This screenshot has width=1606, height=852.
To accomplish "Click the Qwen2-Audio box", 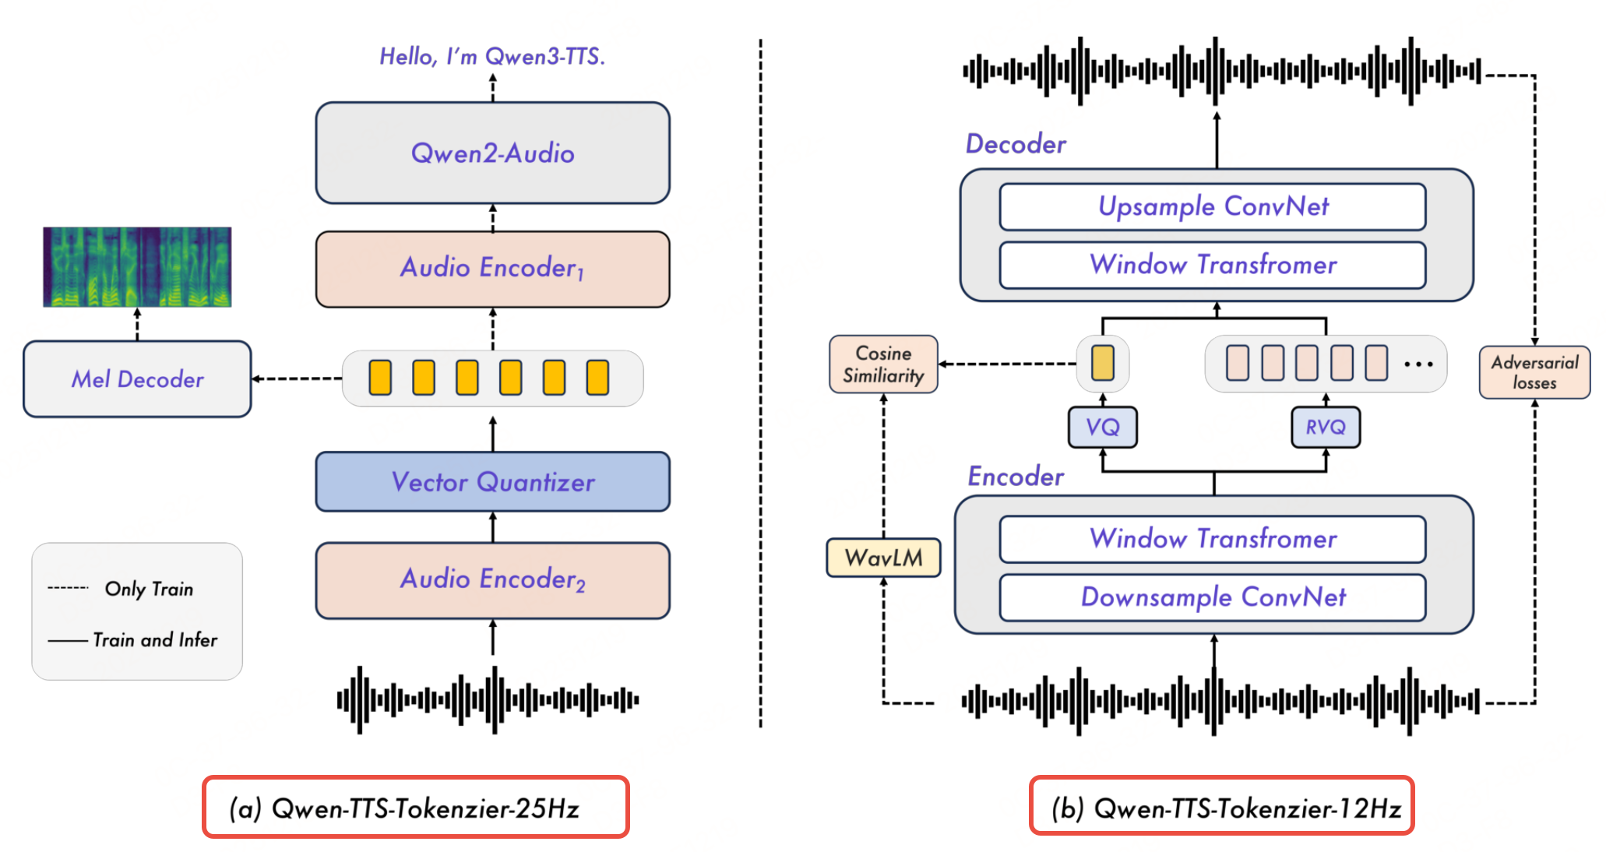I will click(x=492, y=153).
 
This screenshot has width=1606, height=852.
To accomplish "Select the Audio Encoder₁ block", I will click(x=492, y=269).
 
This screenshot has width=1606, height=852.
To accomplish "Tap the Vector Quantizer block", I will click(x=492, y=481).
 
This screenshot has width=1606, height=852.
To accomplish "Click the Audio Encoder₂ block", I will click(x=492, y=580).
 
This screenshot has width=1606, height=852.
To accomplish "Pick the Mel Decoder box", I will click(x=137, y=379).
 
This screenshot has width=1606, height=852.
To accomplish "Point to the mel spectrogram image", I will click(x=137, y=266).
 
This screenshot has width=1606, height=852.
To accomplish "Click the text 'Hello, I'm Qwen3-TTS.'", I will click(x=492, y=56).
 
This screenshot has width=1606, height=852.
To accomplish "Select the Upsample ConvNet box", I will click(x=1213, y=206).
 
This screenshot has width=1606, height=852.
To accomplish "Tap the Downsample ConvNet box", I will click(x=1213, y=597).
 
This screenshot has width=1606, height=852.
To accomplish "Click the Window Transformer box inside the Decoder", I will click(x=1213, y=265).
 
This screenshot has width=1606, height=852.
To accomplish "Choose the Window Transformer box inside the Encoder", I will click(x=1213, y=539).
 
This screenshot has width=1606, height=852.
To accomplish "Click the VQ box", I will click(x=1102, y=427).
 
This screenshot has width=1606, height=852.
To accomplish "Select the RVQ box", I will click(x=1326, y=427).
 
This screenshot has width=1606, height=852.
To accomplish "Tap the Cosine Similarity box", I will click(x=883, y=364).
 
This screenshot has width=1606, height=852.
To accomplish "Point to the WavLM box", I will click(x=883, y=558).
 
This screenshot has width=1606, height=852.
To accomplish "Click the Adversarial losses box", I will click(x=1534, y=372).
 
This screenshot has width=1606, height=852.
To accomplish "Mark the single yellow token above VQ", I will click(x=1102, y=363).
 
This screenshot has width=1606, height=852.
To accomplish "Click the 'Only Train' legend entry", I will click(x=148, y=589).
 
